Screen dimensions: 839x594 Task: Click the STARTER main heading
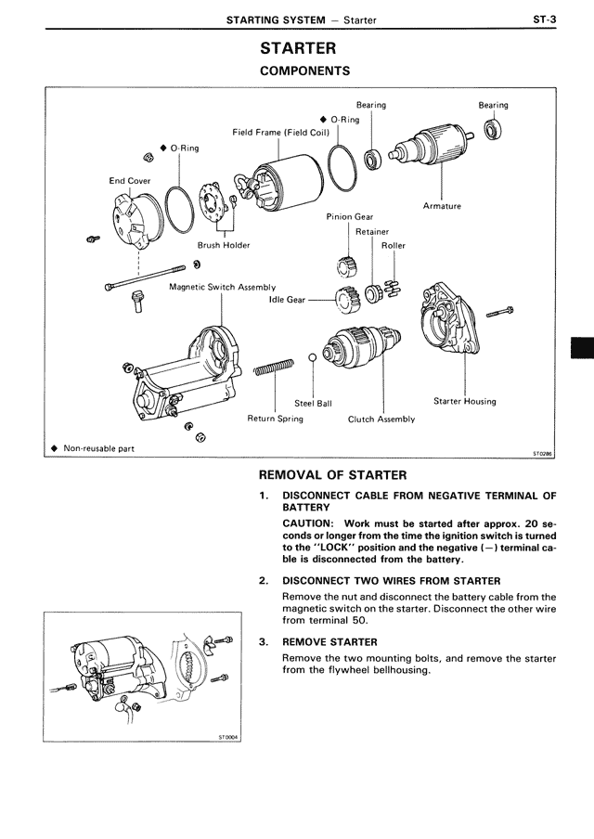coord(298,48)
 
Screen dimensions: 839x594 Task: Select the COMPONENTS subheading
coord(303,71)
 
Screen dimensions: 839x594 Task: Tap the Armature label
coord(442,206)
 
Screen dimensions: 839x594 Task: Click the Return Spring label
coord(275,419)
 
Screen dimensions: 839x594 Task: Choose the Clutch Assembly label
coord(381,419)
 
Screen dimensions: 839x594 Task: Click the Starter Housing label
coord(464,402)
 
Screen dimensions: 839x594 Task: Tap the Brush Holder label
coord(224,245)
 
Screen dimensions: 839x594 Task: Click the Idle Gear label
coord(286,300)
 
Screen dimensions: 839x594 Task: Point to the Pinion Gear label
coord(349,216)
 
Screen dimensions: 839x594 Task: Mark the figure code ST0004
coord(228,738)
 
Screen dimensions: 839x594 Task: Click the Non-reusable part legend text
coord(98,448)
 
